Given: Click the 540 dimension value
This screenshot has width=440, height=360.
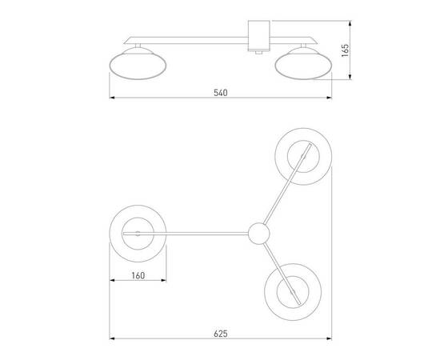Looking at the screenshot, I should click(221, 92).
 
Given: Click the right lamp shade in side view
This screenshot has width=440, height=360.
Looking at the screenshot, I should click(302, 64).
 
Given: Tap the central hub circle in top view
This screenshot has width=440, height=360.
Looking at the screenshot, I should click(258, 234).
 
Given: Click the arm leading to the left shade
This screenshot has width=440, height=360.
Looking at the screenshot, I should click(200, 233).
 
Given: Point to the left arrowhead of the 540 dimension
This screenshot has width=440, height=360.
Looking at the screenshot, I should click(112, 99).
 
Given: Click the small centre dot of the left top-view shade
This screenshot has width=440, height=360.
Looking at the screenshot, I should click(137, 233).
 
